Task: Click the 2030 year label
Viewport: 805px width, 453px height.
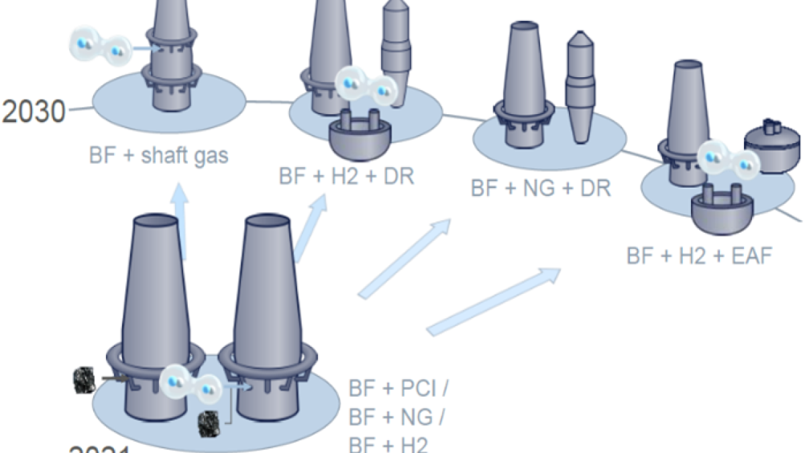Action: point(33,111)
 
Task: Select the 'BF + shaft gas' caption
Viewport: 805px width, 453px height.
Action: point(158,156)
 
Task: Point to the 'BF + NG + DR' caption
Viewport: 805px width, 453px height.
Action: point(541,188)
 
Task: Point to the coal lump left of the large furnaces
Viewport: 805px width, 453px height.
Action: point(85,381)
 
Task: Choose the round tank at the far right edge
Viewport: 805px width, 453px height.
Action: point(772,144)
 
